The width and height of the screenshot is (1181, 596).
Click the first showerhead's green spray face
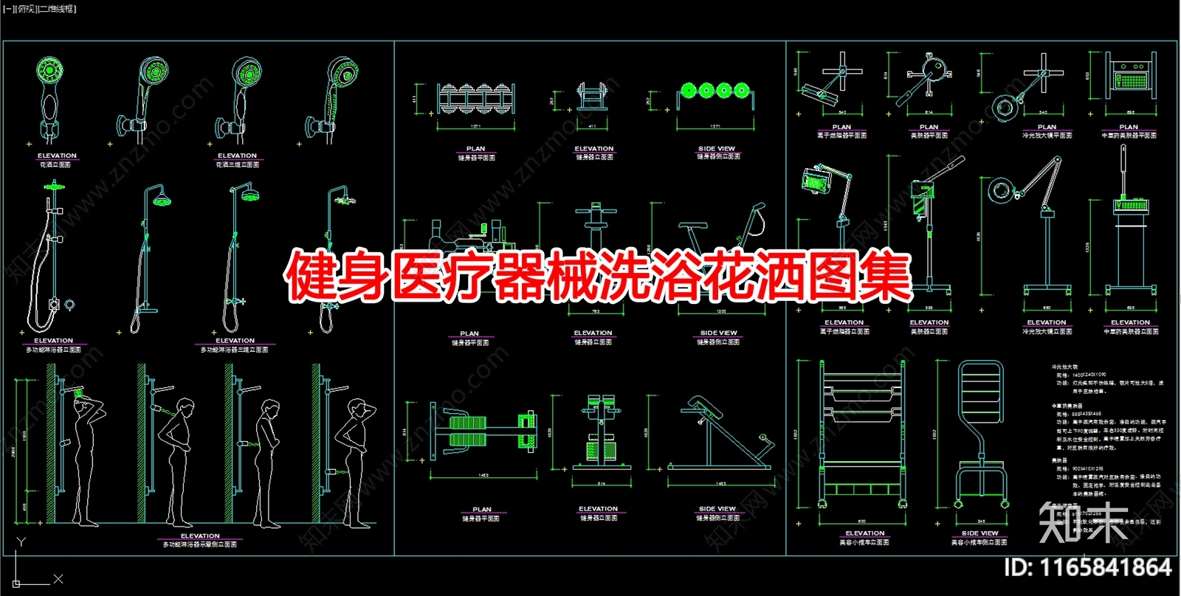pyautogui.click(x=50, y=72)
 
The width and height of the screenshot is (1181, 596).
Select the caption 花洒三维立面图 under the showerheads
pyautogui.click(x=237, y=164)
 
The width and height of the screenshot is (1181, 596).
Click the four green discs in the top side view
pyautogui.click(x=716, y=90)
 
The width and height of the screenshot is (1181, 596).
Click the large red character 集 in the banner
pyautogui.click(x=886, y=278)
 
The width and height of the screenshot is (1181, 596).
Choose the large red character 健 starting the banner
pyautogui.click(x=311, y=278)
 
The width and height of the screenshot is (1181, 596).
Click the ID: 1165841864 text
pyautogui.click(x=1088, y=567)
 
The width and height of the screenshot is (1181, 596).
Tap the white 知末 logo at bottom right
pyautogui.click(x=1084, y=521)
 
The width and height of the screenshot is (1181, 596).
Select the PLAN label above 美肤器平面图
pyautogui.click(x=929, y=127)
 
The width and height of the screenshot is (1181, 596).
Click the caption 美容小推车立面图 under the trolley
pyautogui.click(x=864, y=542)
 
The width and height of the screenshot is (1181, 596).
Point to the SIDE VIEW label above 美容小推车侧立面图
pyautogui.click(x=979, y=533)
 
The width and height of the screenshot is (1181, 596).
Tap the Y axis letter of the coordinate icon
pyautogui.click(x=21, y=542)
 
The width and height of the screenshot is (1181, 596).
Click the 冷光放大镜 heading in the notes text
pyautogui.click(x=1064, y=367)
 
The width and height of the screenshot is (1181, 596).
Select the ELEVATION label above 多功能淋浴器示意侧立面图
pyautogui.click(x=200, y=536)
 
